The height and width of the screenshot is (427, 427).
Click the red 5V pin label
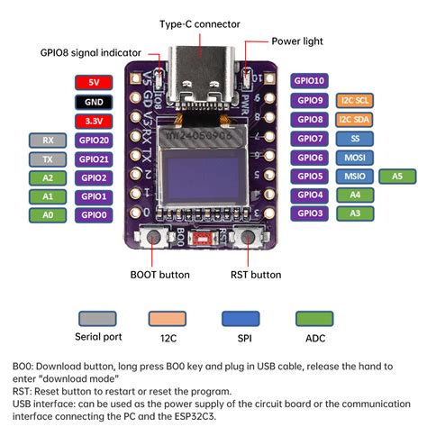(x=94, y=82)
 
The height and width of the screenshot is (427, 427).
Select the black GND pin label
(x=94, y=101)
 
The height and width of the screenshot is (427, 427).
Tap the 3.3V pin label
(x=94, y=120)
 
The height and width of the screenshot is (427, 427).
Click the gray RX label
(x=47, y=140)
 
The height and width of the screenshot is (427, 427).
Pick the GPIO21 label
(x=94, y=159)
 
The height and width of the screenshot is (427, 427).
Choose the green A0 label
(x=47, y=214)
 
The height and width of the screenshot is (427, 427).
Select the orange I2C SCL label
(x=354, y=100)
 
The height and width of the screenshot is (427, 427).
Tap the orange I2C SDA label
(x=354, y=119)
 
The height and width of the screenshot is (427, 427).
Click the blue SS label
(x=354, y=138)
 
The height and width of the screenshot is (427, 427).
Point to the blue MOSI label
(x=354, y=157)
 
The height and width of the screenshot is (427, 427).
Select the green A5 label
(x=397, y=176)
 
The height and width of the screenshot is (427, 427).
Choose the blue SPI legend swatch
(x=238, y=319)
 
